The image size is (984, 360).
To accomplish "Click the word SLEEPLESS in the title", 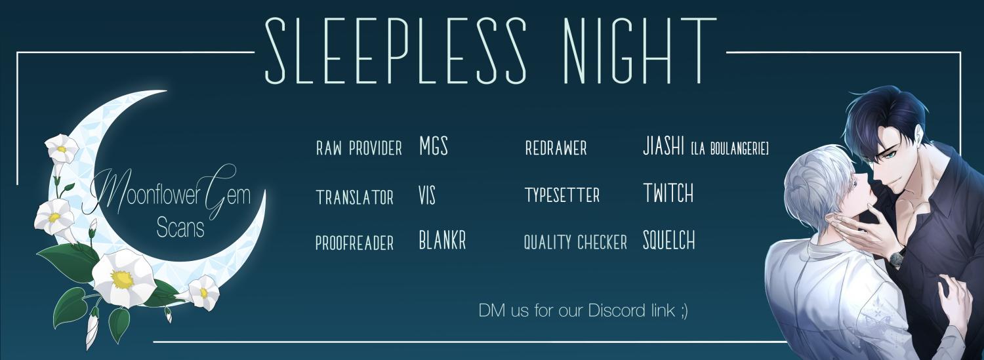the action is pos(396,51).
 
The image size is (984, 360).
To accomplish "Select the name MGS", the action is pos(433,146).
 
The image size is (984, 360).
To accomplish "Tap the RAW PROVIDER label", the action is pos(359,148).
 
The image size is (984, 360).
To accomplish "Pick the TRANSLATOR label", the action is pos(354,197).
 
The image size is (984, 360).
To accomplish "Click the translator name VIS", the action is pos(427,195).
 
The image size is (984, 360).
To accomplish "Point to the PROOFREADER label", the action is pos(354,243).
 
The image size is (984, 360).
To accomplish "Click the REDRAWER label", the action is pos(556,148).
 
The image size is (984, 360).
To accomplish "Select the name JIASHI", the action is pos(663,146).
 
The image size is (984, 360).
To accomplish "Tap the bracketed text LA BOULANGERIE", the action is pos(729,150).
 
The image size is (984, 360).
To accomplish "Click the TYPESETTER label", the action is pos(562,195).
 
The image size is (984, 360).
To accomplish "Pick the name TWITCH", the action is pos(668,193).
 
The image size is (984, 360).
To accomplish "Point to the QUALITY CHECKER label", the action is pos(575,243).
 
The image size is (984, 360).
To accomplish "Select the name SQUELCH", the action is pos(669,240).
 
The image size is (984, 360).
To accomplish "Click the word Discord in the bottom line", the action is pos(617,310).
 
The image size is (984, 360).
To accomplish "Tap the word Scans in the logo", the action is pos(180,228).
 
